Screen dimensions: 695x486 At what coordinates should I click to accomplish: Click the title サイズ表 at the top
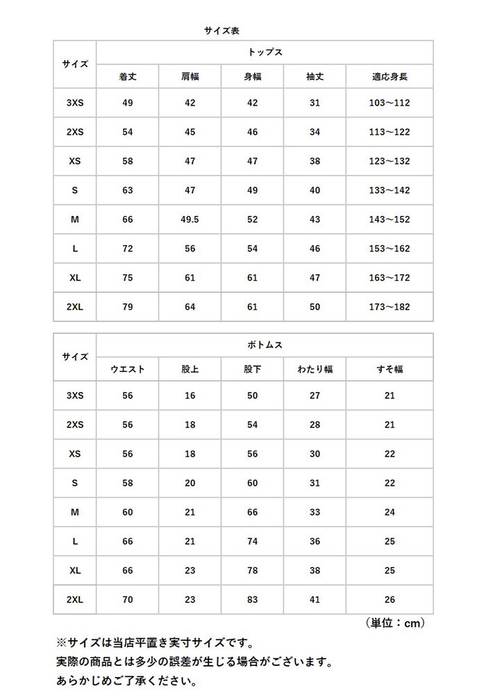[221, 31]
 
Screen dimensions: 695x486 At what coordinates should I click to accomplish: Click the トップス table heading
[265, 52]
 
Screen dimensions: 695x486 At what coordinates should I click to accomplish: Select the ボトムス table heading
[265, 345]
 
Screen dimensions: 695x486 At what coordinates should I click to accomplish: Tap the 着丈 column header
[127, 76]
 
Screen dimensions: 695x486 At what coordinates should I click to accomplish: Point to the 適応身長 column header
[389, 76]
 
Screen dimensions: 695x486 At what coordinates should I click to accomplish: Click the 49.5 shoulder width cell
[190, 220]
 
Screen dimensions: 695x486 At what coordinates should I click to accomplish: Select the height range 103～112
[389, 103]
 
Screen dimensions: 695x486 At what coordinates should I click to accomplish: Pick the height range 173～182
[389, 307]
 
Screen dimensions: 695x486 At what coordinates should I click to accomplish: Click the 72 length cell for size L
[127, 249]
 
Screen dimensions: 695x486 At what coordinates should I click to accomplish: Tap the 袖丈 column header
[315, 76]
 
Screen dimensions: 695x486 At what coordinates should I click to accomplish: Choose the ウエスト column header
[127, 370]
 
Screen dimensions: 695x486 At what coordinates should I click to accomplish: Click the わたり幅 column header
[315, 370]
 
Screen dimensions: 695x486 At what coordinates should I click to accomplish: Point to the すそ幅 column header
[389, 370]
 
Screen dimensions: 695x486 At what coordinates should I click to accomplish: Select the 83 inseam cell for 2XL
[252, 600]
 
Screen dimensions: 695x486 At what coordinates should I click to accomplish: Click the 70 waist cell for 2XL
[127, 600]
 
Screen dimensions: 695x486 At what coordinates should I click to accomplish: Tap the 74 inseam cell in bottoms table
[252, 541]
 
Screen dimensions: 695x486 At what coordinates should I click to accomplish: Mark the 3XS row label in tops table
[75, 103]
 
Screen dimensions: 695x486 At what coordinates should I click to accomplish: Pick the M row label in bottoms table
[75, 512]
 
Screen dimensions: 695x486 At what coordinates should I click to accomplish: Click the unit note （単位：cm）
[394, 623]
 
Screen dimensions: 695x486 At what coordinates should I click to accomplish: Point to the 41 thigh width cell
[315, 600]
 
